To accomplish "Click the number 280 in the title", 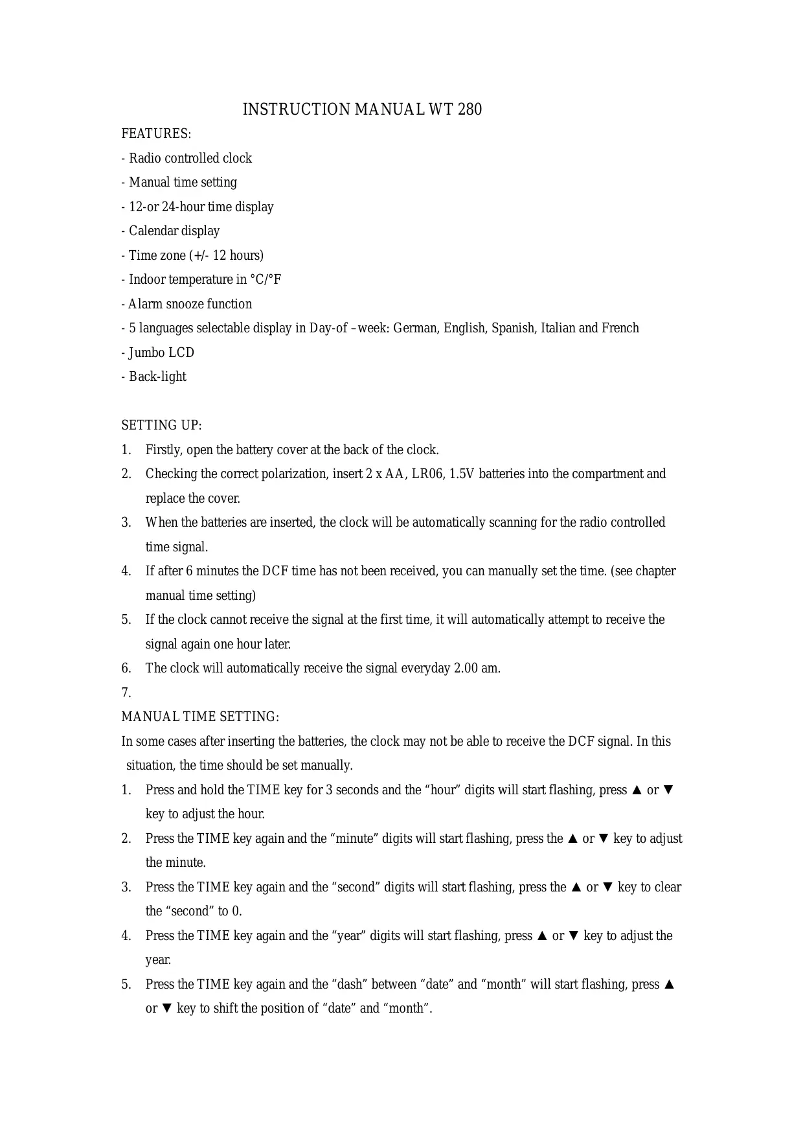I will click(x=469, y=109).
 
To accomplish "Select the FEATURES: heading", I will click(x=156, y=134).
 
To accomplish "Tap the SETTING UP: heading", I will click(x=161, y=426).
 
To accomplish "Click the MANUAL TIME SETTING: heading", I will click(x=200, y=717).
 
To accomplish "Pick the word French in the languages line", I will click(x=620, y=328).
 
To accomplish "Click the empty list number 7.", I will click(x=126, y=693).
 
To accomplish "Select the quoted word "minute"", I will click(x=352, y=839).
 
